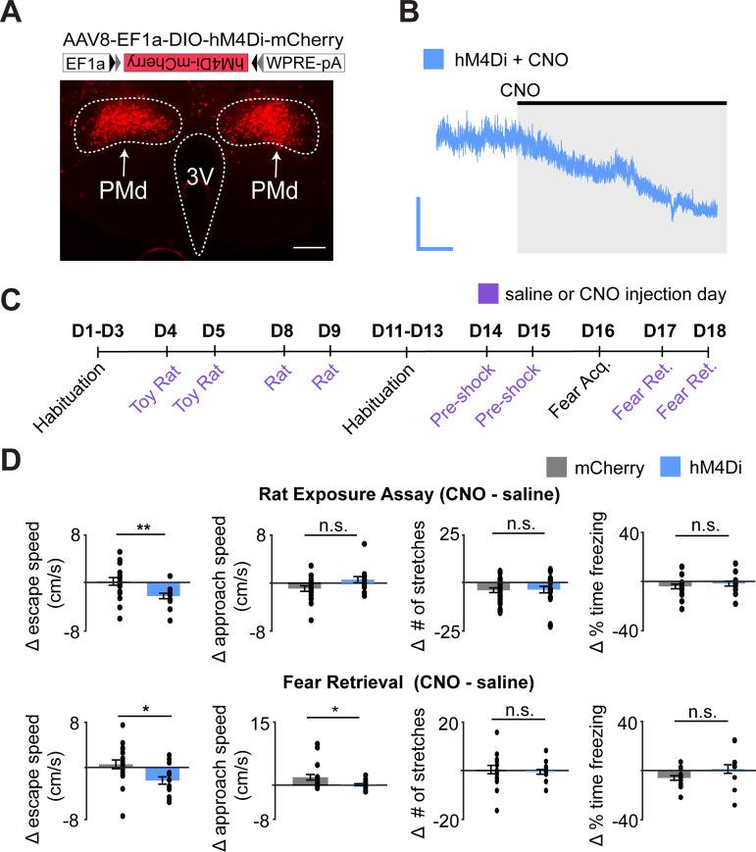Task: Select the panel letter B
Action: tap(412, 14)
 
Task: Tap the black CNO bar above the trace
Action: tap(621, 102)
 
